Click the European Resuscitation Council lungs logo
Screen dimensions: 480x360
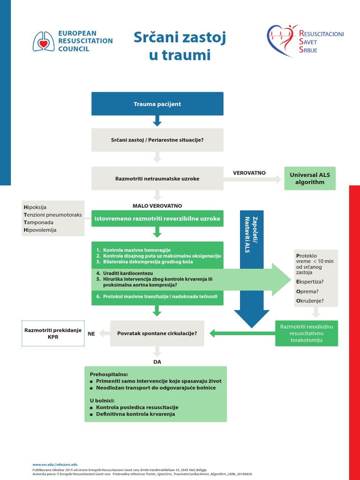(43, 41)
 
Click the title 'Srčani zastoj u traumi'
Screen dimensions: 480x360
(180, 46)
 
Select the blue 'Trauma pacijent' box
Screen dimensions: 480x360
(157, 104)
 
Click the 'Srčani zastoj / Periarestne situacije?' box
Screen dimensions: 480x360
(157, 140)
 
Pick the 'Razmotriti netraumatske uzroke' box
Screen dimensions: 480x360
(157, 179)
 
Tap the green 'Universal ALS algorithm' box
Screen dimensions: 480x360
(310, 178)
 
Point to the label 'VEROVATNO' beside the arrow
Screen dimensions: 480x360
(249, 173)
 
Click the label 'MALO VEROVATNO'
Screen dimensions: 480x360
(157, 206)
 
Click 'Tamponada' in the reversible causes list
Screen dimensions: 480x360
(38, 222)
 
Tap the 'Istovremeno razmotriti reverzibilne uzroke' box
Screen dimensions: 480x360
(157, 218)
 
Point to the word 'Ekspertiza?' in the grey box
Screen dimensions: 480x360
(310, 282)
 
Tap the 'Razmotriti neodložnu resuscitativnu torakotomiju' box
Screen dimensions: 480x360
(307, 333)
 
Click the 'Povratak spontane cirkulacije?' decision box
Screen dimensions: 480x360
(157, 333)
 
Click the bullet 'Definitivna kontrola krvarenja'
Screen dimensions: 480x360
(135, 414)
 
